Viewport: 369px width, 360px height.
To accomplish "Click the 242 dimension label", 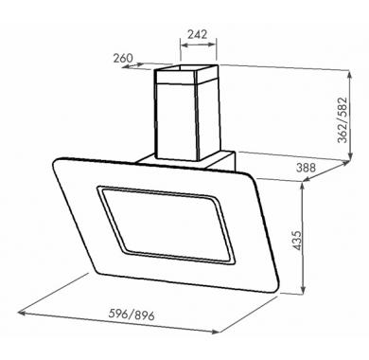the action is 198,34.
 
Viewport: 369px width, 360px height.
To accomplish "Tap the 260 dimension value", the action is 123,58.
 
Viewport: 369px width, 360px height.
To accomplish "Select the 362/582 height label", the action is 343,120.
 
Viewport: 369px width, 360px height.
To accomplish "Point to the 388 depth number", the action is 306,167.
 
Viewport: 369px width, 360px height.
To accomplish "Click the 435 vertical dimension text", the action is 297,241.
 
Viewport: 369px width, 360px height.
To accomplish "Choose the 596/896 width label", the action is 132,315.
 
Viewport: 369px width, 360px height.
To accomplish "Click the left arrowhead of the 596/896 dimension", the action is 22,313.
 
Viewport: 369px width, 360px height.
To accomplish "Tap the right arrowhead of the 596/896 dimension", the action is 216,332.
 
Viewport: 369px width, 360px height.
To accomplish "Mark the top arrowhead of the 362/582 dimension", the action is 350,75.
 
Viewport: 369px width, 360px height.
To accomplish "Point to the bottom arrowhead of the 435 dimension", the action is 303,291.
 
